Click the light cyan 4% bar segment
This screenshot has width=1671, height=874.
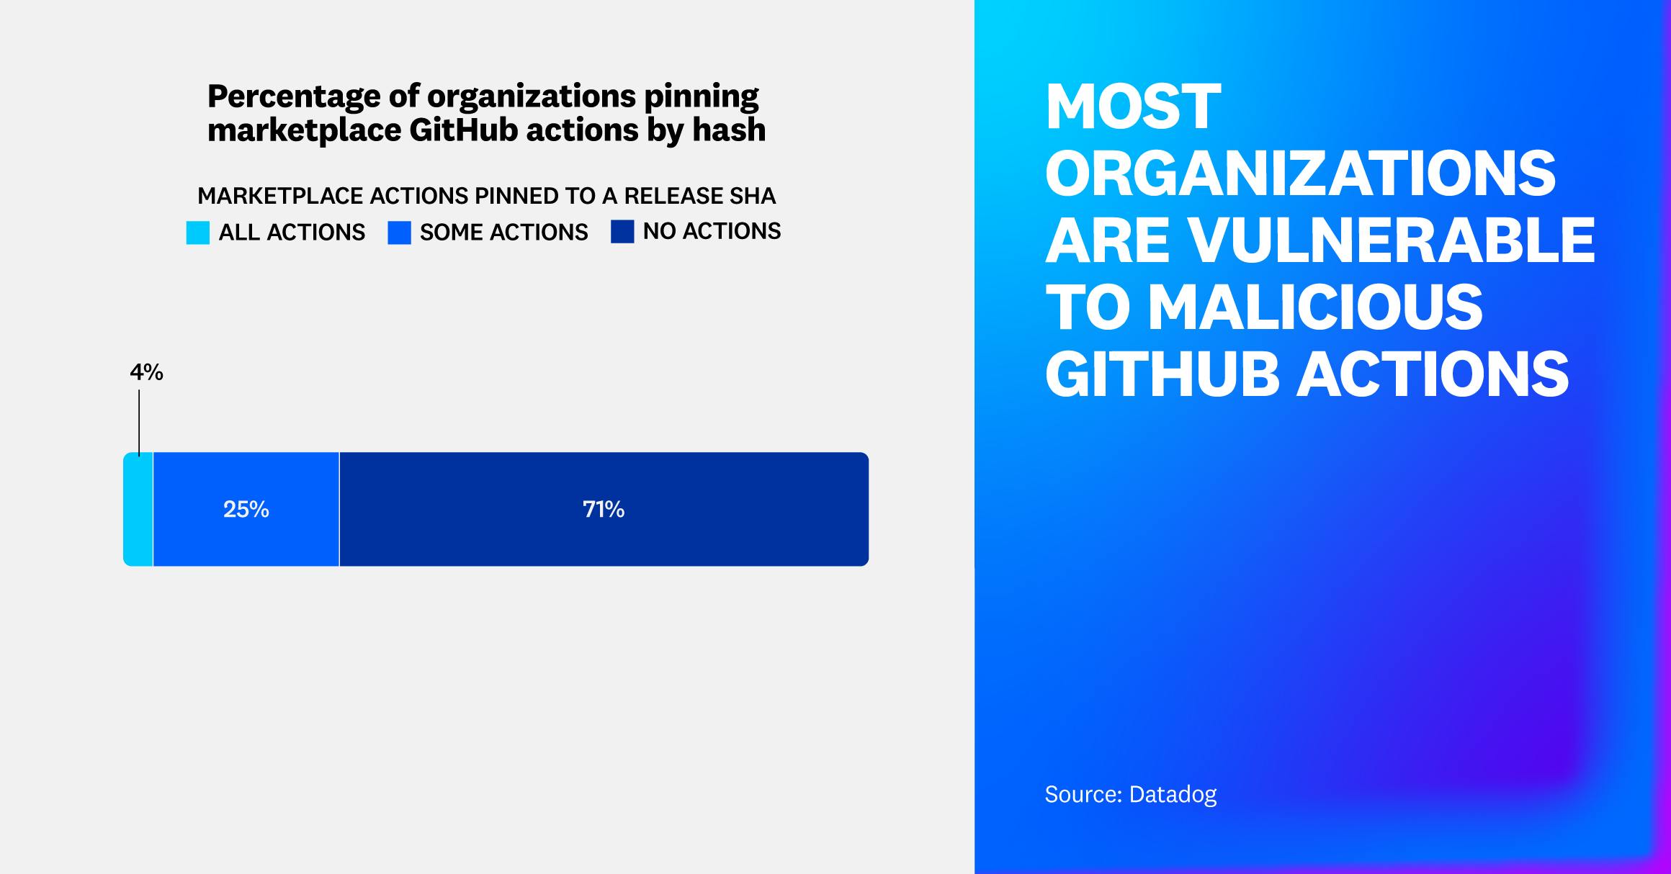(138, 509)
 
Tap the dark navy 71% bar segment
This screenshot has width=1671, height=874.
(604, 540)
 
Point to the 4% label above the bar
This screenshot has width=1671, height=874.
(146, 372)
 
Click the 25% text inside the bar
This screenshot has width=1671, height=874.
(246, 510)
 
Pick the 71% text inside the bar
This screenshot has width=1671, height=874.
(604, 510)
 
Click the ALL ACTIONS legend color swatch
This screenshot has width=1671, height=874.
(198, 233)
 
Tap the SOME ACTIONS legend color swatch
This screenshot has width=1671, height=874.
(399, 233)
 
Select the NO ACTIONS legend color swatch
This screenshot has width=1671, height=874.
(622, 232)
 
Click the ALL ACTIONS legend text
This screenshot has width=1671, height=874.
(292, 233)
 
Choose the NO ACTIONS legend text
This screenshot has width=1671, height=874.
(712, 231)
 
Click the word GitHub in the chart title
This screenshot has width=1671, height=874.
(464, 130)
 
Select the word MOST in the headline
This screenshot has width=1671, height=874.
(1133, 107)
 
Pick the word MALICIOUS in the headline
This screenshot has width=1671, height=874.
(1315, 307)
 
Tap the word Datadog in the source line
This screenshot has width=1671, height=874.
(1173, 794)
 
